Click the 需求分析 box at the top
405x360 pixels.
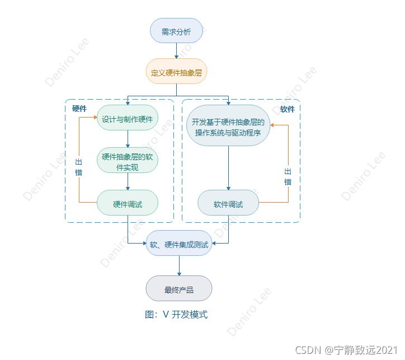point(176,31)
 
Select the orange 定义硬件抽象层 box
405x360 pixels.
point(176,72)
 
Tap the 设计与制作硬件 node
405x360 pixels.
point(128,118)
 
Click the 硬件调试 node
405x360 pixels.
point(128,204)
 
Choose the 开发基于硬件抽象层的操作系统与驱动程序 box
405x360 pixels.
point(229,127)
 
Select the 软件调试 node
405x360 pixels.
point(229,204)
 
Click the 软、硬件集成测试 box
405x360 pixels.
point(179,244)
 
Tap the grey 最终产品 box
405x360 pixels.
point(179,289)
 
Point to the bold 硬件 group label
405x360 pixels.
point(79,109)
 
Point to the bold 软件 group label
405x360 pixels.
point(288,109)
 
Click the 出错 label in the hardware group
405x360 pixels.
point(79,167)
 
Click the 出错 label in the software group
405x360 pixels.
point(288,176)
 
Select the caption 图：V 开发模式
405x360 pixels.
point(176,315)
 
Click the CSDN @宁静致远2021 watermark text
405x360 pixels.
point(345,350)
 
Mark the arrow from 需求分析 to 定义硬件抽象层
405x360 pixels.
point(176,51)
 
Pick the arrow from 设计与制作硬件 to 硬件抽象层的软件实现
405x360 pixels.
point(128,139)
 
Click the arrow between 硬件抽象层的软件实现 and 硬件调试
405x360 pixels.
point(128,181)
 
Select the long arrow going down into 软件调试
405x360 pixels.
point(229,168)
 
